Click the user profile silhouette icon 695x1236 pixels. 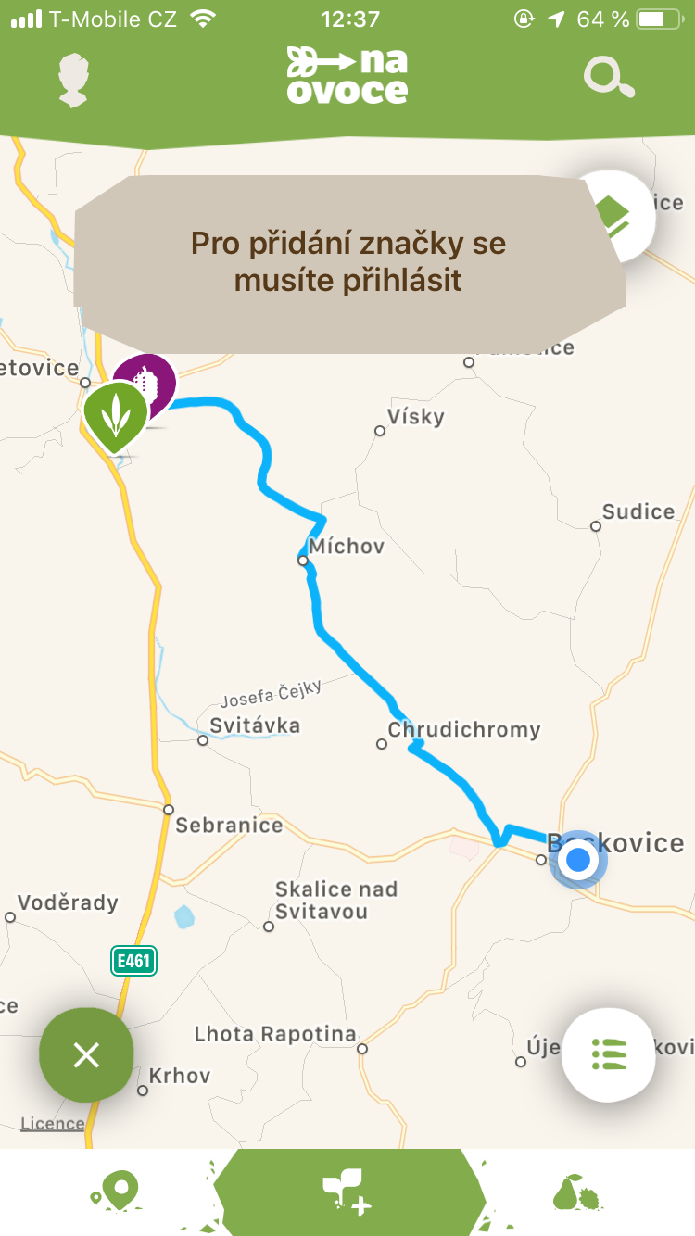pyautogui.click(x=74, y=80)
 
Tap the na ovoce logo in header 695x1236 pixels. pyautogui.click(x=347, y=75)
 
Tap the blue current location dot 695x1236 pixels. pyautogui.click(x=578, y=860)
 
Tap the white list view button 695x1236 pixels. pyautogui.click(x=609, y=1054)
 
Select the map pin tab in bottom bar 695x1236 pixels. pyautogui.click(x=115, y=1192)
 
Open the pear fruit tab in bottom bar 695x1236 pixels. pyautogui.click(x=576, y=1192)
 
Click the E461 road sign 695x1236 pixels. pyautogui.click(x=133, y=961)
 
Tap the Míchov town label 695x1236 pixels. pyautogui.click(x=347, y=547)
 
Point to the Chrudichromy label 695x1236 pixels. pyautogui.click(x=463, y=730)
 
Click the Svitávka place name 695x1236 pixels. pyautogui.click(x=255, y=725)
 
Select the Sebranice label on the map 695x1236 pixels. pyautogui.click(x=229, y=825)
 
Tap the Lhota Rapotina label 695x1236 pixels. pyautogui.click(x=275, y=1034)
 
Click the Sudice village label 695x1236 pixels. pyautogui.click(x=638, y=511)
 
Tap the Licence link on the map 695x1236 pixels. pyautogui.click(x=52, y=1124)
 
